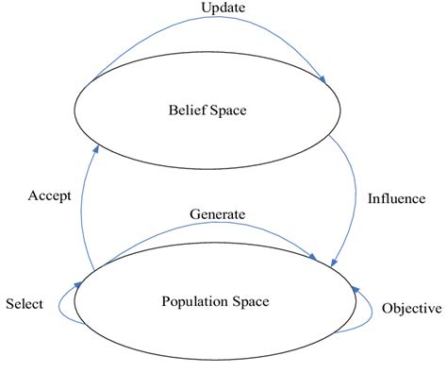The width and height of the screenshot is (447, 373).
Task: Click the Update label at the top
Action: pyautogui.click(x=223, y=8)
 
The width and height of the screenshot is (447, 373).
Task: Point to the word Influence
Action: pyautogui.click(x=395, y=198)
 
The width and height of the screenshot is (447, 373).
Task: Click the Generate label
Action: pyautogui.click(x=218, y=214)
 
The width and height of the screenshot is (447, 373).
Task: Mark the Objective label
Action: pyautogui.click(x=412, y=309)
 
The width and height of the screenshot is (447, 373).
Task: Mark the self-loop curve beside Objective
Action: pyautogui.click(x=371, y=312)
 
